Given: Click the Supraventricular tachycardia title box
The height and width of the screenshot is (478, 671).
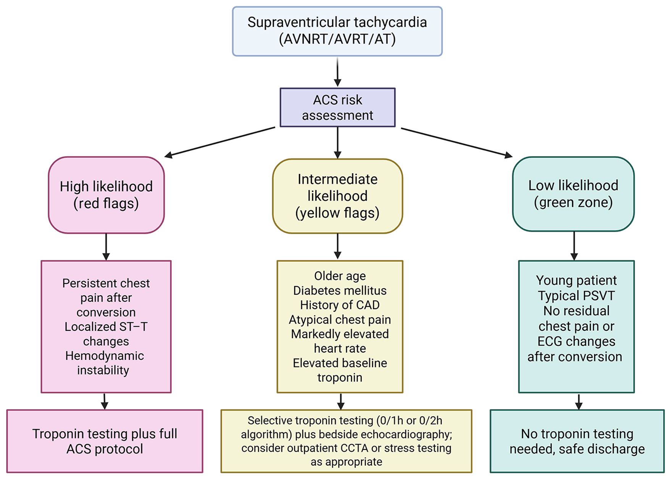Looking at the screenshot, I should [x=337, y=31].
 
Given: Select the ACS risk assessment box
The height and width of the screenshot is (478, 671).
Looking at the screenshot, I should [x=337, y=108].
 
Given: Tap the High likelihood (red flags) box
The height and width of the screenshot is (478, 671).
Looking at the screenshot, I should [x=106, y=195].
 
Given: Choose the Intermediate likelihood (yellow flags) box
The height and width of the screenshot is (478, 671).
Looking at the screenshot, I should [x=337, y=196].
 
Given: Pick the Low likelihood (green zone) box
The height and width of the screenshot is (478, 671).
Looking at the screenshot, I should [x=573, y=194].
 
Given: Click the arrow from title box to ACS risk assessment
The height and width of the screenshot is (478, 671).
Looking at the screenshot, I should [x=337, y=72].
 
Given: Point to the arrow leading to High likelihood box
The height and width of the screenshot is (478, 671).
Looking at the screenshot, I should [x=219, y=142].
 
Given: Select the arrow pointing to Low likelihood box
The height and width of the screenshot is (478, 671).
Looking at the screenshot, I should [x=456, y=142].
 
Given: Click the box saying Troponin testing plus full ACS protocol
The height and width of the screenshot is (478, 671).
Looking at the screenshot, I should [x=105, y=441].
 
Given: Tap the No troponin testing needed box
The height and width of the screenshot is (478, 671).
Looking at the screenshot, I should [x=577, y=441].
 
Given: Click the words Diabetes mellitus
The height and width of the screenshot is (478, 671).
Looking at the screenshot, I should [x=340, y=291].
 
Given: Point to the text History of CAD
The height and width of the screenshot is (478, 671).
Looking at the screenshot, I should [x=340, y=305].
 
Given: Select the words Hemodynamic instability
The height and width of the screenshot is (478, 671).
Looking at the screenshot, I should [x=104, y=363].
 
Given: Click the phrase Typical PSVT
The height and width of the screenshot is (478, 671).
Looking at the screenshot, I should [x=576, y=296].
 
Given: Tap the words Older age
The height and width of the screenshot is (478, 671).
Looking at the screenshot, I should [x=340, y=276].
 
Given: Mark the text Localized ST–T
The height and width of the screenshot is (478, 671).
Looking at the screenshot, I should [x=106, y=327].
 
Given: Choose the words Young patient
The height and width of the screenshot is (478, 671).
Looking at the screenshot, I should [x=576, y=280].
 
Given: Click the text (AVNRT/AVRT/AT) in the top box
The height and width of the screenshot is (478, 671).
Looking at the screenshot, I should [x=337, y=39].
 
